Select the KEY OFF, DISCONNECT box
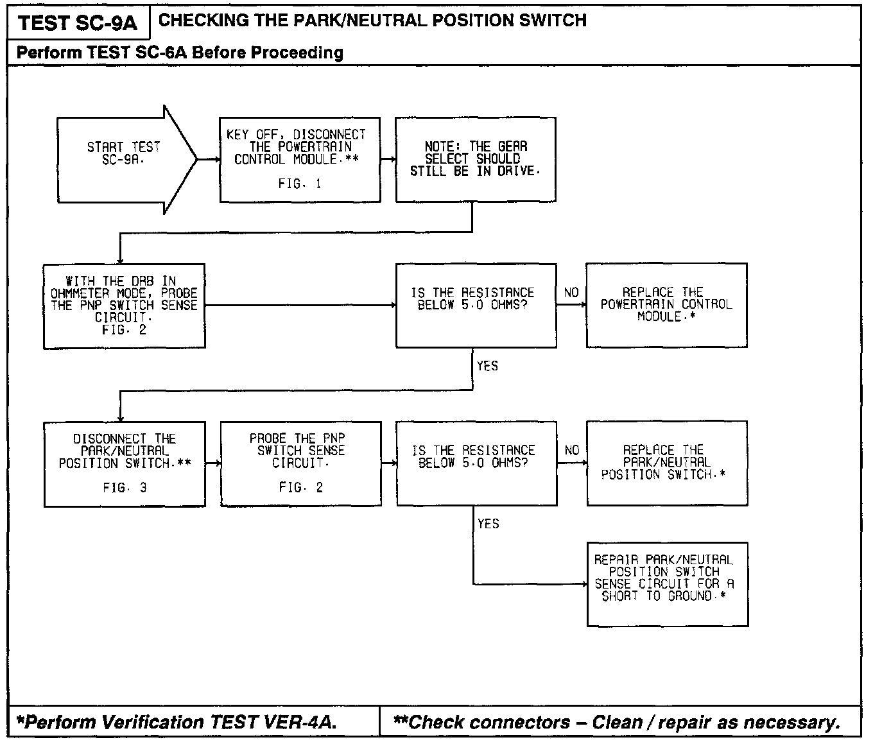pos(300,160)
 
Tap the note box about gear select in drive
pos(475,160)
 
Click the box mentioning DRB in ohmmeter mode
pos(124,306)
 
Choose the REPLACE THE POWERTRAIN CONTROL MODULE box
pos(666,305)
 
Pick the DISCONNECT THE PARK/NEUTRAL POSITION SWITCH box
pos(125,463)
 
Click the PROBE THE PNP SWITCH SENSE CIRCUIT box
pos(300,463)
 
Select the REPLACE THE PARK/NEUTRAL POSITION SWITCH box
pos(667,463)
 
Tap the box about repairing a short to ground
pos(668,583)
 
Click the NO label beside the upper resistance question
pos(571,293)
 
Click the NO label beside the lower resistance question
pos(572,451)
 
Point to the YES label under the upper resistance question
pos(487,366)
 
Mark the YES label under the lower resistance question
pos(488,524)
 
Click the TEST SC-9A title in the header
pos(78,23)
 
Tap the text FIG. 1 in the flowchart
pos(300,184)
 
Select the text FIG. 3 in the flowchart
pos(125,488)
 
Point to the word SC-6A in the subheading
pos(161,53)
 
